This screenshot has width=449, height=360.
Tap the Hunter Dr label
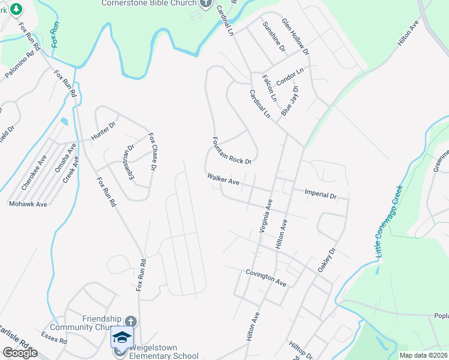(103, 133)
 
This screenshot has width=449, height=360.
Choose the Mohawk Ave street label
(28, 204)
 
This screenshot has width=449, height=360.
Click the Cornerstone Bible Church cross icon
(206, 3)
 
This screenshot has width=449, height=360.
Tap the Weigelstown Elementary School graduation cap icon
(122, 337)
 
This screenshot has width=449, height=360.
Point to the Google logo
(20, 353)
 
